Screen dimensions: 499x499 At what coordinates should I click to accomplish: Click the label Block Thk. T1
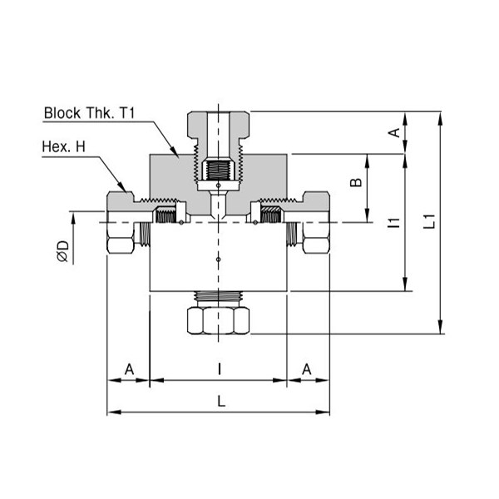point(90,113)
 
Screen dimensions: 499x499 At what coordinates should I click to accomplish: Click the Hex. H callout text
point(64,146)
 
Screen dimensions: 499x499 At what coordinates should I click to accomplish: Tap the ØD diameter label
point(63,251)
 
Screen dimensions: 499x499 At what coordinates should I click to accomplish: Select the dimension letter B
point(356,182)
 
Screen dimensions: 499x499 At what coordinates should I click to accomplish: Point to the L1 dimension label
point(429,221)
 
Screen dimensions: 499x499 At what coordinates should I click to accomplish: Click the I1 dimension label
point(394,222)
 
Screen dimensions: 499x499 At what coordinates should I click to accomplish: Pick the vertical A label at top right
point(394,132)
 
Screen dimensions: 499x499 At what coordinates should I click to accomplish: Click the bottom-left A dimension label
point(129,369)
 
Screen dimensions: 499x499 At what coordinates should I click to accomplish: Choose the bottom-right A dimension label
point(306,369)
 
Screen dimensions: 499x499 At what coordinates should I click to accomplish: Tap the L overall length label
point(221,401)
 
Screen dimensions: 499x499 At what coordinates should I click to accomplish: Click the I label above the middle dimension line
point(220,369)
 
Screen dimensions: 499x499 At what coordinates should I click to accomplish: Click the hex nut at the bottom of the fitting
point(218,320)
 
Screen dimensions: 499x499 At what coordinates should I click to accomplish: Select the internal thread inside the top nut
point(218,170)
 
